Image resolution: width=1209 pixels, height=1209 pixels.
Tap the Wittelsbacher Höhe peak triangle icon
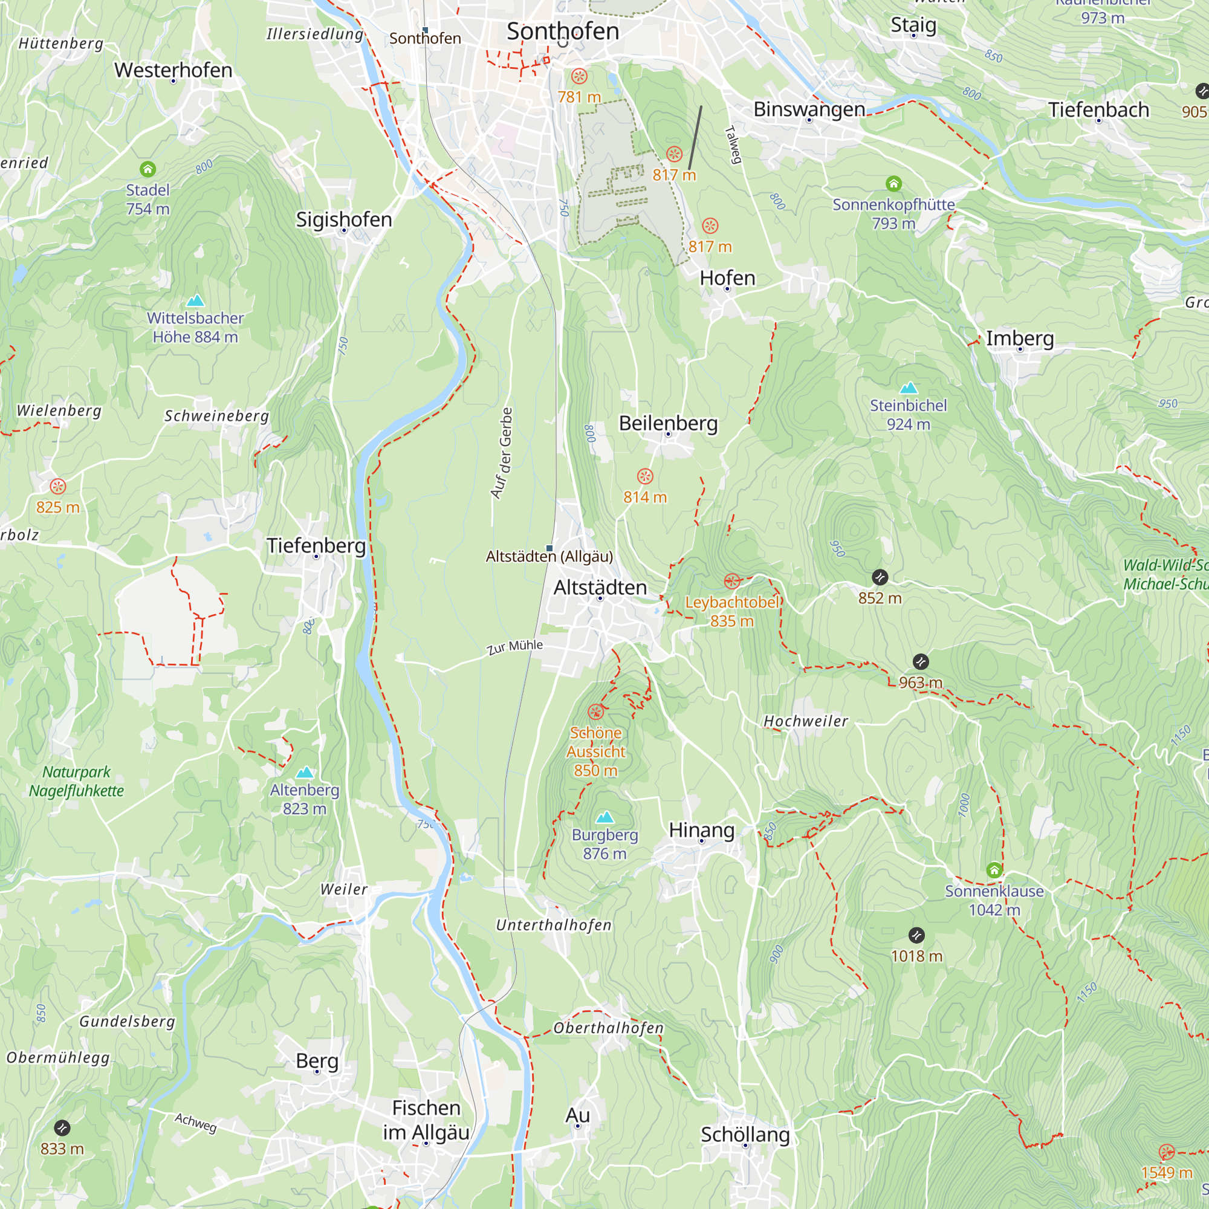tap(195, 300)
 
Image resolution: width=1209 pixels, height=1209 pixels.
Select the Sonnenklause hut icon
tap(994, 870)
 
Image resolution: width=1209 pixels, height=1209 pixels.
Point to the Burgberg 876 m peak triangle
tap(604, 817)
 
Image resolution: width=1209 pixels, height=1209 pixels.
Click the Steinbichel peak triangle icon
tap(908, 388)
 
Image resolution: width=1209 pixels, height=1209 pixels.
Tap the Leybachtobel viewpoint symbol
tap(731, 582)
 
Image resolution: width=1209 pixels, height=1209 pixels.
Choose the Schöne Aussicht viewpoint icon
tap(596, 711)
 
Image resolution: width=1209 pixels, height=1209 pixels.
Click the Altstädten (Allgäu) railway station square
tap(549, 548)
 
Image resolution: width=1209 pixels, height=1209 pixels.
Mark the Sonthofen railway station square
tap(426, 30)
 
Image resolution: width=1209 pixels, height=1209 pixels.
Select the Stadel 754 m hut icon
tap(147, 169)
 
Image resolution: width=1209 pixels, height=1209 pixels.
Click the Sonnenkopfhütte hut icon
tap(893, 183)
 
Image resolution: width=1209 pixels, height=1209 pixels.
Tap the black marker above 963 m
tap(921, 661)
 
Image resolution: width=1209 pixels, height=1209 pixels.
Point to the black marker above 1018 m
tap(916, 936)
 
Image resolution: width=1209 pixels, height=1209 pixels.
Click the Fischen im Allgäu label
tap(426, 1120)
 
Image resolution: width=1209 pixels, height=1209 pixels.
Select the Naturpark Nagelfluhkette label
tap(76, 781)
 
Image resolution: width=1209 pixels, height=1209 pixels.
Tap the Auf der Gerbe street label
tap(502, 454)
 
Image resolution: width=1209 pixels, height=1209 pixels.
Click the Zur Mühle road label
tap(515, 646)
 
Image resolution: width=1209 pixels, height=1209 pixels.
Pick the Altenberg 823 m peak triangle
tap(305, 772)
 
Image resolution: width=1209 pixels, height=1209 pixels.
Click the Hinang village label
tap(701, 830)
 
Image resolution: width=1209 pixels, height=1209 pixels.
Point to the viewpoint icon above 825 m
tap(57, 486)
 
